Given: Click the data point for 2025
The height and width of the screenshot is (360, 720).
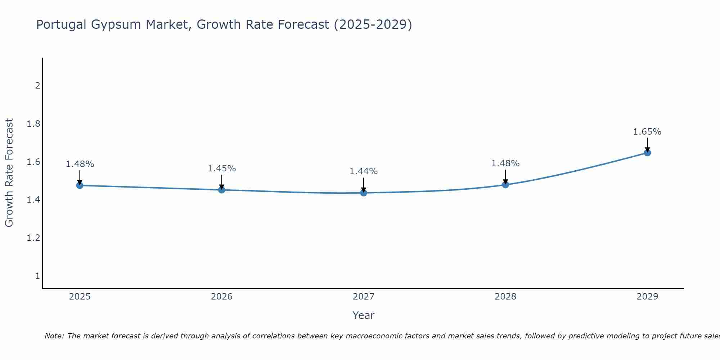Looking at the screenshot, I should [80, 185].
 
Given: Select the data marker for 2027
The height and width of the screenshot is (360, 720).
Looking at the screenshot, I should [364, 193].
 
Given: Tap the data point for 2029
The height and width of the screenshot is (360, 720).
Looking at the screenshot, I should [647, 153].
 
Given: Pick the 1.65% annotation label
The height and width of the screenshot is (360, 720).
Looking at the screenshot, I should [647, 132].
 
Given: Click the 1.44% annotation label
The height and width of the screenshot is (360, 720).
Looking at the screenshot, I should [364, 171].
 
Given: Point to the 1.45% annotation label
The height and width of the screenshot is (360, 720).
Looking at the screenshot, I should [222, 168].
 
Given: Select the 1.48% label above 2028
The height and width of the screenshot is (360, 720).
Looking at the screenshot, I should [505, 163].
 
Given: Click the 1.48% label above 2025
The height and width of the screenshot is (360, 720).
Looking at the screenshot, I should [80, 164].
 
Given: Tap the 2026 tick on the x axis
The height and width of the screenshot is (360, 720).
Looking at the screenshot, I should [222, 297].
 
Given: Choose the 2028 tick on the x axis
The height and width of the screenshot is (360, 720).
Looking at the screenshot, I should [505, 297].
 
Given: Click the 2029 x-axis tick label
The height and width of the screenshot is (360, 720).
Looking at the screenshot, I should [647, 297].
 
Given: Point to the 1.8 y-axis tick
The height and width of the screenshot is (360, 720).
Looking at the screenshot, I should [33, 124].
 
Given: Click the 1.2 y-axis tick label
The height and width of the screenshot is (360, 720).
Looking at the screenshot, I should [33, 238].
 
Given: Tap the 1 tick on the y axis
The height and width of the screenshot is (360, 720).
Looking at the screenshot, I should [37, 276].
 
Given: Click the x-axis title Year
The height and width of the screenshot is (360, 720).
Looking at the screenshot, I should [364, 315].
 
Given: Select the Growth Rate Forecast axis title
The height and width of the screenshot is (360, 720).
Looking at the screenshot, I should [9, 173].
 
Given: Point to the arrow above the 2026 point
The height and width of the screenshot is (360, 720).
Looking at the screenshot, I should [222, 182].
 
